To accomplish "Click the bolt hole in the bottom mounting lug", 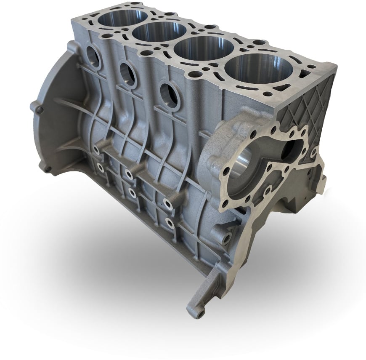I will tap(200, 313).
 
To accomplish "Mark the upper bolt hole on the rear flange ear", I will tap(40, 110).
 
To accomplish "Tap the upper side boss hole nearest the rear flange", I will tap(97, 150).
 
